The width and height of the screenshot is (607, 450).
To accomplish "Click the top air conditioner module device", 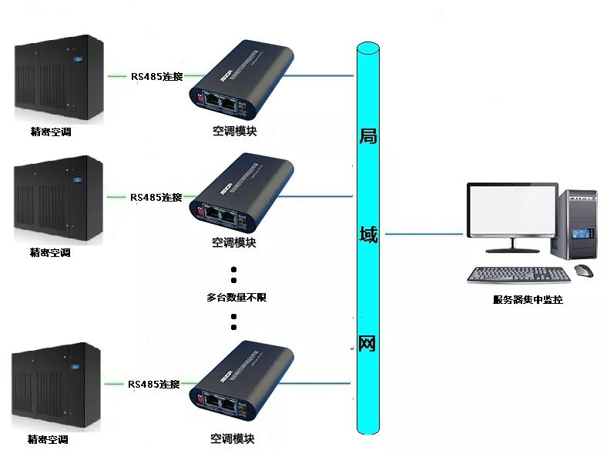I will (243, 81).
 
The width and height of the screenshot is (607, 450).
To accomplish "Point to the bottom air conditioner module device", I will (243, 381).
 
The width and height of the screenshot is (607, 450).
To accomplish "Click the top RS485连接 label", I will (156, 76).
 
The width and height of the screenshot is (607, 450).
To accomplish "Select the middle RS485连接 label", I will (156, 197).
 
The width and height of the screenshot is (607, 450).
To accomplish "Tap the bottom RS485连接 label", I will (154, 384).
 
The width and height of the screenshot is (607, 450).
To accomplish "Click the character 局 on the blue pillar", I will (368, 137).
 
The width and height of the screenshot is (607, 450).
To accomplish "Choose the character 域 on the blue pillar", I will (368, 235).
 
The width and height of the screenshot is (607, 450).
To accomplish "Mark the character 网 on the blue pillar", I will (367, 342).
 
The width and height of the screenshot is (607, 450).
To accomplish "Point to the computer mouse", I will (584, 271).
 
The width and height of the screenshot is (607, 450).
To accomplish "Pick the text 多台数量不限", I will (236, 297).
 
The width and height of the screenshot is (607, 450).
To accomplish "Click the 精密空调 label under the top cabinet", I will (51, 132).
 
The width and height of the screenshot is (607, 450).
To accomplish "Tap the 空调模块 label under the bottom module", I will (233, 439).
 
